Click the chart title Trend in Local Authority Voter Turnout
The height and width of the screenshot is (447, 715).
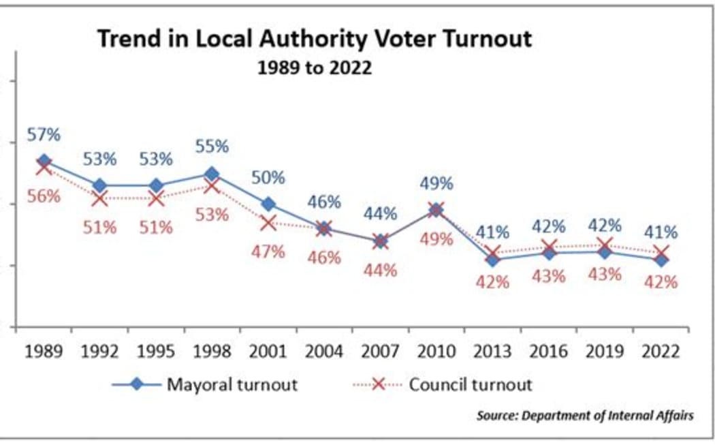[x=314, y=39]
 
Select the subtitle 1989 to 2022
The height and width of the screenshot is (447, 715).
[x=314, y=69]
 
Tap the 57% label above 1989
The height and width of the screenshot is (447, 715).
[x=44, y=135]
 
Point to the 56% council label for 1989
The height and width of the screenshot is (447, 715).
[x=44, y=196]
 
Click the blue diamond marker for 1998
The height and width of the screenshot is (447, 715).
[x=212, y=174]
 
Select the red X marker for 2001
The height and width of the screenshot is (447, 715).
[x=268, y=223]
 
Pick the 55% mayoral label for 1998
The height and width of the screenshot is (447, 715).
[x=212, y=147]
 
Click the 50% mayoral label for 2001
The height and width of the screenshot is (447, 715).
[x=268, y=178]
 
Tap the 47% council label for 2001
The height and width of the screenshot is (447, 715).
[x=268, y=251]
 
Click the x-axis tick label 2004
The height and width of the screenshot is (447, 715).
[x=324, y=352]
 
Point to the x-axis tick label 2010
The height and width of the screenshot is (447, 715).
[x=436, y=352]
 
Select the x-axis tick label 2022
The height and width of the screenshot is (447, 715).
[x=661, y=352]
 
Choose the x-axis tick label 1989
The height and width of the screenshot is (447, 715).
[x=44, y=352]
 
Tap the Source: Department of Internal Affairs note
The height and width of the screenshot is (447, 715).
[x=585, y=416]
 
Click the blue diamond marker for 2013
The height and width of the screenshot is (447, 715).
[x=492, y=259]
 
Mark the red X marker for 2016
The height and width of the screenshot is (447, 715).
[x=549, y=247]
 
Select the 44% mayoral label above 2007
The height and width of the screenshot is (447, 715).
[x=380, y=214]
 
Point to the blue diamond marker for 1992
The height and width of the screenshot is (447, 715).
[x=100, y=185]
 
